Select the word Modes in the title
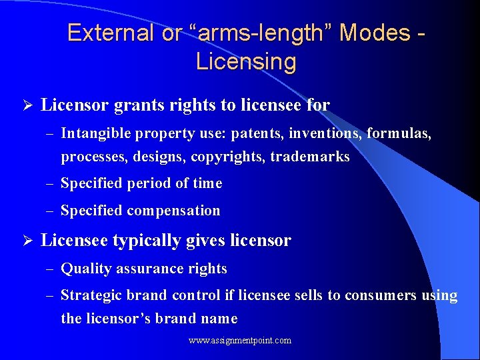pyautogui.click(x=375, y=33)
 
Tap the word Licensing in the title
pyautogui.click(x=246, y=62)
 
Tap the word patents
pyautogui.click(x=257, y=134)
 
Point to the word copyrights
pyautogui.click(x=223, y=157)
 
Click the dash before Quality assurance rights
pyautogui.click(x=51, y=269)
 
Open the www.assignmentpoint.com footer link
pyautogui.click(x=240, y=341)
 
